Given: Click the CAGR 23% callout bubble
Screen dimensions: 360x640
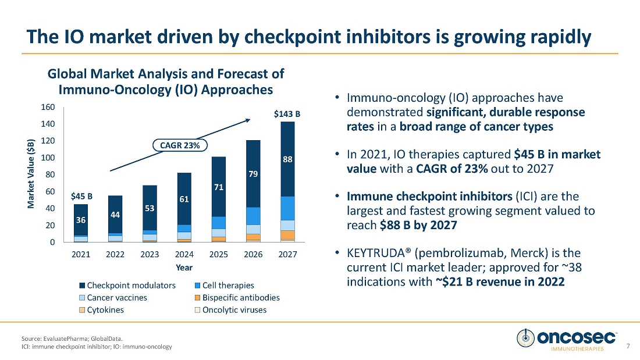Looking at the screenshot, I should coord(180,145).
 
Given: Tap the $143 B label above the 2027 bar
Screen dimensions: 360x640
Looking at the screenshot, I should coord(287,115).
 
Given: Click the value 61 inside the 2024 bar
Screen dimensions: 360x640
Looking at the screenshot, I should coord(184,199).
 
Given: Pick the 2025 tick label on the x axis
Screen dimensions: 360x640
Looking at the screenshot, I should coord(219,254).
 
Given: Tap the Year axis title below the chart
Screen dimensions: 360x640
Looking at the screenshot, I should coord(184,268).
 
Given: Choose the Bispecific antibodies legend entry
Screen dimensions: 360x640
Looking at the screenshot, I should coord(240,298).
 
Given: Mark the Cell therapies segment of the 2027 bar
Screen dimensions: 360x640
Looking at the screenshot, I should coord(287,208).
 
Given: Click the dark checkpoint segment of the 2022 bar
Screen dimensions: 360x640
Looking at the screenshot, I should coord(115,214).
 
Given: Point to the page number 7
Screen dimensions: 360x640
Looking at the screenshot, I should coord(628,347).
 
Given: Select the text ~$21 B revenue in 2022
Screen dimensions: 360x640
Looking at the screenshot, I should coord(500,281).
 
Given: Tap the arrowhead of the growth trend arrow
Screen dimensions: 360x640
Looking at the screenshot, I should coord(248,120).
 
